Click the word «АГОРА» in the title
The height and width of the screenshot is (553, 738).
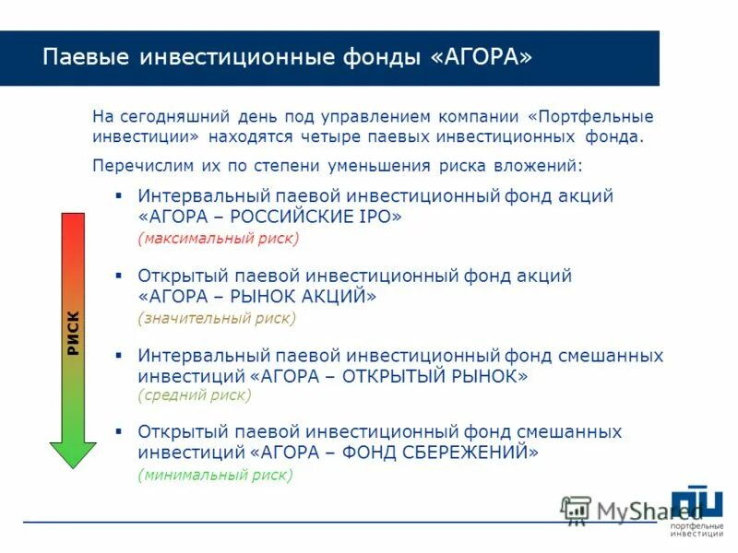click(481, 57)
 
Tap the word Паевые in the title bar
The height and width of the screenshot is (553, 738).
click(86, 57)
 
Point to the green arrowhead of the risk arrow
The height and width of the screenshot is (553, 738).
click(73, 453)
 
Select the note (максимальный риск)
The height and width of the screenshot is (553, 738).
click(219, 239)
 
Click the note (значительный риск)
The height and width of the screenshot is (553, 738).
click(217, 318)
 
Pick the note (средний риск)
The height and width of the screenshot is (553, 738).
click(194, 395)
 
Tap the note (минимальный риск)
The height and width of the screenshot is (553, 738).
click(215, 476)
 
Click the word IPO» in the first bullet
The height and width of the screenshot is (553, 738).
click(378, 217)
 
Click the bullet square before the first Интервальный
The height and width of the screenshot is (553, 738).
click(118, 195)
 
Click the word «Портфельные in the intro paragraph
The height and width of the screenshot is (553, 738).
click(590, 117)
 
